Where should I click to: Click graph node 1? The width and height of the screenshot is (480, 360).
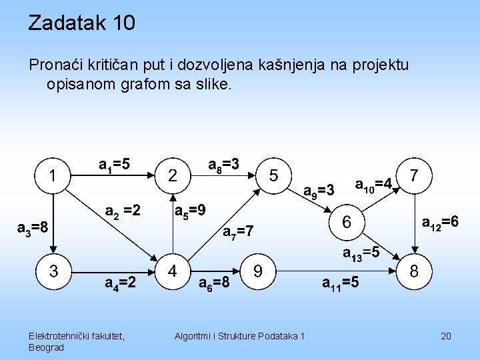52,177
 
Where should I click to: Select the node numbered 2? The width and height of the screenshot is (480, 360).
173,177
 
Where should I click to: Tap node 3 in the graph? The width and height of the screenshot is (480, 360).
52,271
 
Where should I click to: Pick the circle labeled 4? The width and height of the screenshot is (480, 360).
173,271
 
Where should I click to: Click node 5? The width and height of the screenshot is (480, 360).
273,175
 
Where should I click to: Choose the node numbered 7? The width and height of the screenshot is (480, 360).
415,176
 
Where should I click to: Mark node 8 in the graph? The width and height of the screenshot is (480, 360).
414,271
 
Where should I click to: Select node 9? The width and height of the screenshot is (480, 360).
257,271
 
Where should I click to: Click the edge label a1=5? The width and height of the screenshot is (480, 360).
114,164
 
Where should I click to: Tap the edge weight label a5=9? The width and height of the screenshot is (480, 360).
189,211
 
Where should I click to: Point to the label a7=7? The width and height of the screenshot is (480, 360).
238,232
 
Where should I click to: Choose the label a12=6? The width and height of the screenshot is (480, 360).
441,222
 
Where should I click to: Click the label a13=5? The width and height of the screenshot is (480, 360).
361,253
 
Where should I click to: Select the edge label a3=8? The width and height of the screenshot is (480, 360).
31,228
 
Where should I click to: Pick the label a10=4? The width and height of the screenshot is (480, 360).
372,184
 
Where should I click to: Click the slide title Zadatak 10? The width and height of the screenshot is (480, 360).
81,23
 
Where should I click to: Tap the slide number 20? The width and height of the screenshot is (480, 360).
446,335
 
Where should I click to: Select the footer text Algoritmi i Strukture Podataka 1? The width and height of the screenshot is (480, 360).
239,335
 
